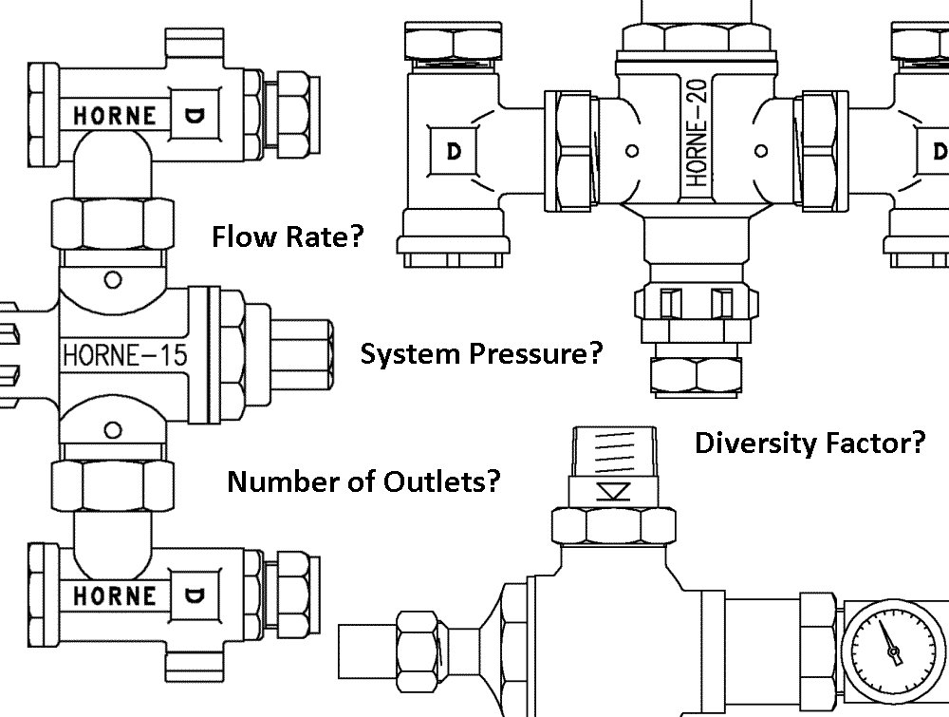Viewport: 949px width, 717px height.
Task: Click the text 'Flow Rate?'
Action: (x=288, y=236)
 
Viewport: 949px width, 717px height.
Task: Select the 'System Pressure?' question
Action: (x=482, y=354)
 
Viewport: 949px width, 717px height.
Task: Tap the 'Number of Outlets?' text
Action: (x=363, y=481)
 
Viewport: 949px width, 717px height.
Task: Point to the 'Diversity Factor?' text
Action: (x=809, y=443)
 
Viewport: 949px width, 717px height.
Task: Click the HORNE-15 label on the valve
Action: (x=123, y=356)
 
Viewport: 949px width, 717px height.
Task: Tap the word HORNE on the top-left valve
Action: (x=115, y=115)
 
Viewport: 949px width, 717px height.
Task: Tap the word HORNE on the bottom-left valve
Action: (x=115, y=595)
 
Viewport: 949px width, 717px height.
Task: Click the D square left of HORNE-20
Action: (x=453, y=152)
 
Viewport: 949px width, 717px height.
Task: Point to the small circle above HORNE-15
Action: (x=113, y=279)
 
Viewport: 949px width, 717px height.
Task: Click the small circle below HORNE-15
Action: (x=113, y=429)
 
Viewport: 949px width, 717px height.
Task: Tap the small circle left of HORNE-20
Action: (x=633, y=150)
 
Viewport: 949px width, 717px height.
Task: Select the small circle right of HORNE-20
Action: (x=760, y=150)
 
